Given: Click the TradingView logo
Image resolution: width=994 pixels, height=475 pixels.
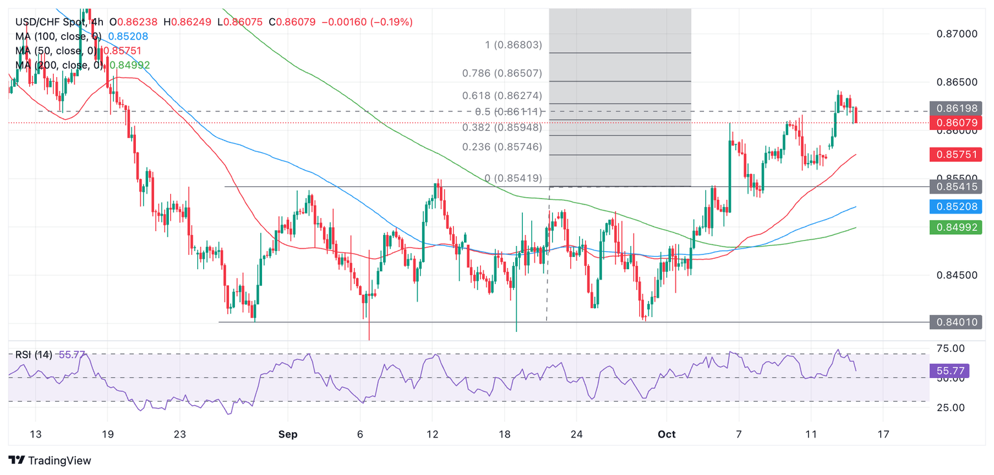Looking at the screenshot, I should tap(50, 460).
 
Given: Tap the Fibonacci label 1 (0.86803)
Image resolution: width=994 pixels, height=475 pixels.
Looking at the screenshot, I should tap(513, 45).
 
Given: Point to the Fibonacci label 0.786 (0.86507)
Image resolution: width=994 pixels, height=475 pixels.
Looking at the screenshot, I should tap(502, 73).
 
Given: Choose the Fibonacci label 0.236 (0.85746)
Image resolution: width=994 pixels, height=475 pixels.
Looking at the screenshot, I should tap(503, 147).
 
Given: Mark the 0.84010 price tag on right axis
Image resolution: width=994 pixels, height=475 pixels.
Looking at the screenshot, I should tap(955, 322).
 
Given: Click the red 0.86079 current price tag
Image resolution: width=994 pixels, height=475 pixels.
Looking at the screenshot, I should tap(955, 122).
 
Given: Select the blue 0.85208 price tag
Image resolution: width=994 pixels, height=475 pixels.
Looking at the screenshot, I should tap(955, 207).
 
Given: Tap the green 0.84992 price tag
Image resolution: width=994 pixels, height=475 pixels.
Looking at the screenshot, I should tap(955, 227).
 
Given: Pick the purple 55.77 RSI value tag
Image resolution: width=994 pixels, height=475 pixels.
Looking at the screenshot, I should tap(949, 371).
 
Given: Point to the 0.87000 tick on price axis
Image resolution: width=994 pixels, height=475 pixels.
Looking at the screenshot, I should tap(955, 33).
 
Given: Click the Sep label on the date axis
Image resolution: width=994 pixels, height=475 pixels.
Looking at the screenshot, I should tap(288, 434).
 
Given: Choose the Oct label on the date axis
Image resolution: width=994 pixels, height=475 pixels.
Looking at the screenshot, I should tap(667, 434).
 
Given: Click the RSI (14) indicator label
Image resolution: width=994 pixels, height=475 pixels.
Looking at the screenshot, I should tap(34, 355).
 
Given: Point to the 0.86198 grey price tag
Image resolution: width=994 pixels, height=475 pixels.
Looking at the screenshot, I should tap(955, 108).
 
